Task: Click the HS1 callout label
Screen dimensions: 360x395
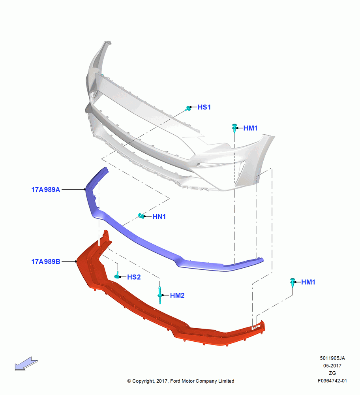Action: point(204,107)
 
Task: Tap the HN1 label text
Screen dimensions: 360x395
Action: point(159,216)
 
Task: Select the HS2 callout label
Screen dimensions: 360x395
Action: point(134,277)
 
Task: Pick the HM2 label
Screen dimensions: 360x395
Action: point(177,295)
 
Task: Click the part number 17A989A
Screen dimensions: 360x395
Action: point(45,190)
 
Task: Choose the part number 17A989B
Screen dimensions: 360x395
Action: point(45,262)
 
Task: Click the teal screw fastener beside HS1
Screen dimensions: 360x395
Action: point(188,108)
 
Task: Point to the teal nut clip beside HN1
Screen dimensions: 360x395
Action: point(141,216)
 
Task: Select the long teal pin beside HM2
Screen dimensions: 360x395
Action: point(160,295)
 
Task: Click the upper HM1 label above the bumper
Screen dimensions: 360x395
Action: point(250,128)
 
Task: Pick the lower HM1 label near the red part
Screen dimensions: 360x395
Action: point(308,282)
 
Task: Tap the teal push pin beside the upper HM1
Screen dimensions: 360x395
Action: point(234,128)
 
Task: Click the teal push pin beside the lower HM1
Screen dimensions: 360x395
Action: point(292,283)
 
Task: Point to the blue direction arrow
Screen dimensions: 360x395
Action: point(26,364)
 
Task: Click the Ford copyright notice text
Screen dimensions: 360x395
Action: point(181,381)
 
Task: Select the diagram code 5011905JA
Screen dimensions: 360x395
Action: point(332,358)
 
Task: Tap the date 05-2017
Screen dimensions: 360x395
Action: point(332,366)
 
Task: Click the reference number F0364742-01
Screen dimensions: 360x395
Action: point(332,381)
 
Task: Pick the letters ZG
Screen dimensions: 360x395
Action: point(332,373)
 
